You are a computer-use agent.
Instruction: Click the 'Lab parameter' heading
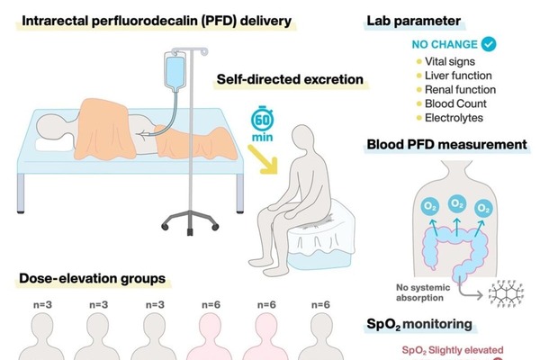(x=413, y=20)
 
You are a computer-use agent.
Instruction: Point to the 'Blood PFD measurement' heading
(x=445, y=144)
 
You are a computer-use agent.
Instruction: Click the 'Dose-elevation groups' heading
(x=92, y=278)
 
